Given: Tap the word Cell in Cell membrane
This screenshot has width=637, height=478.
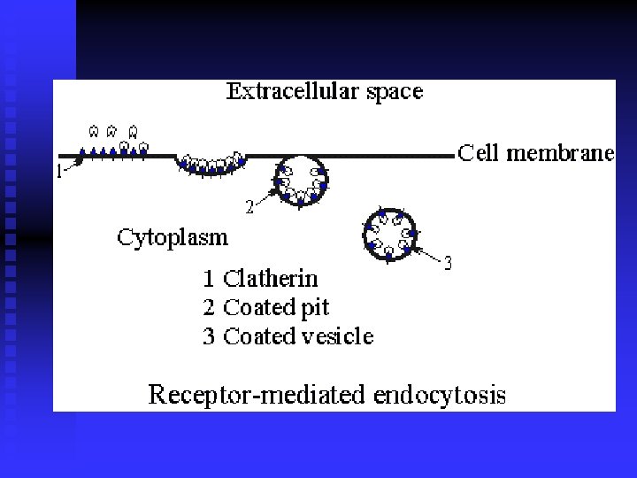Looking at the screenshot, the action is (478, 153).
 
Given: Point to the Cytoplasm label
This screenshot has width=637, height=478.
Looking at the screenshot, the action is (173, 237).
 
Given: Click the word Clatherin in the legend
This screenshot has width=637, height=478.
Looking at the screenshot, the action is (270, 279).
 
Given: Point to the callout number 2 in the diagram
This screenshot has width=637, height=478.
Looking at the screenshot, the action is (249, 207).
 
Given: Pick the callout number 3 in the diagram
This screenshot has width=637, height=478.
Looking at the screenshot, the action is (448, 263).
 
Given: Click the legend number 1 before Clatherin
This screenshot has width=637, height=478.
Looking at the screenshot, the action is (209, 280).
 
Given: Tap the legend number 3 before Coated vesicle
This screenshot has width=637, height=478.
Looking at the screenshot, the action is (210, 336).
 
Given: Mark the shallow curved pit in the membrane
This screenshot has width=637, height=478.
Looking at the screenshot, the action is (210, 164).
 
